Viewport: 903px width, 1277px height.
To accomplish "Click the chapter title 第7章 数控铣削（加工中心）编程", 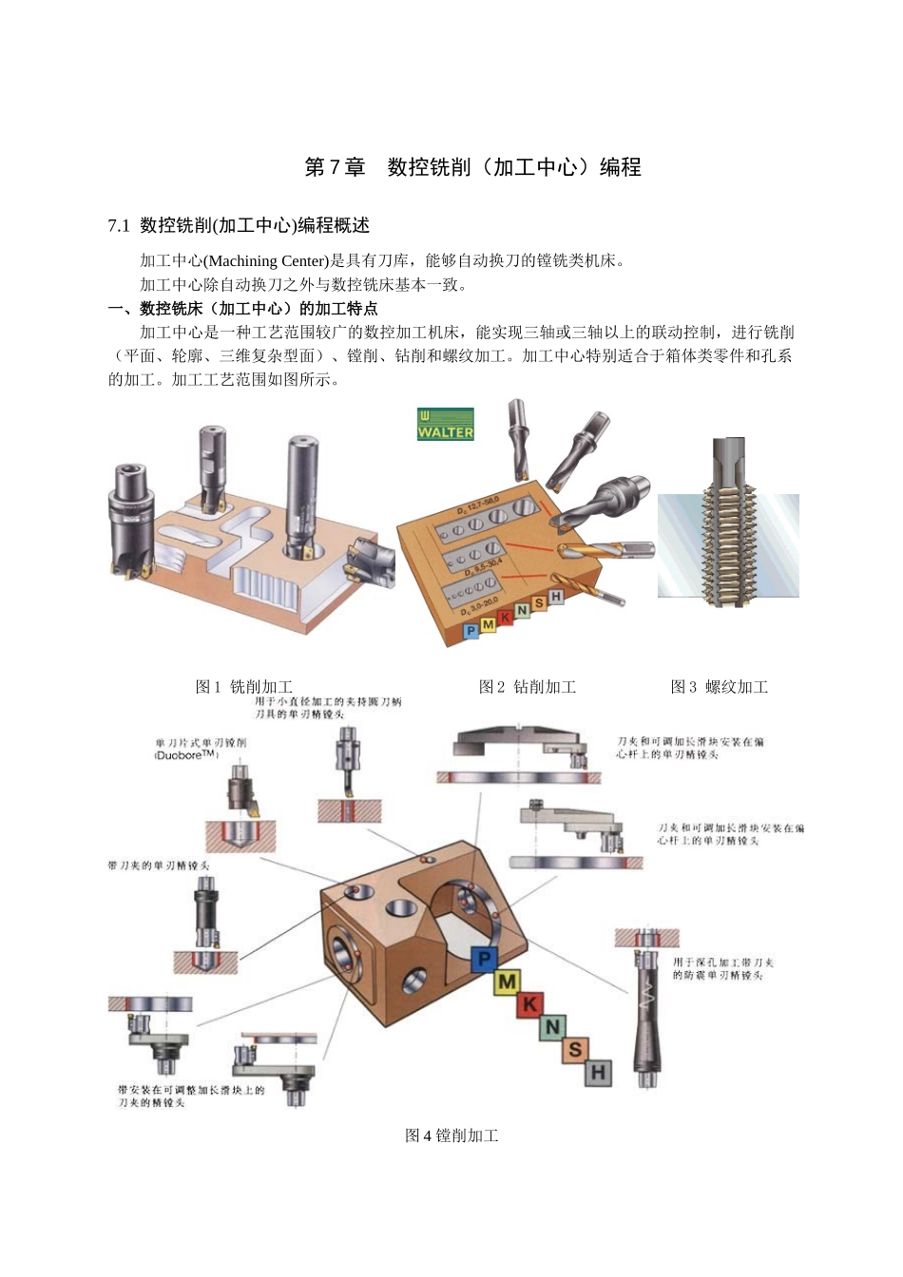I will coord(472,167).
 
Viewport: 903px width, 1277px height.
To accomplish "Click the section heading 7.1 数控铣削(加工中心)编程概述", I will coord(239,225).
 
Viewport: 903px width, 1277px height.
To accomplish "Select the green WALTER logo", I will coord(445,425).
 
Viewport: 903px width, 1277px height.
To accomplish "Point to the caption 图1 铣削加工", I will coord(243,686).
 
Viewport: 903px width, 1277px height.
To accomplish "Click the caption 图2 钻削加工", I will coord(528,686).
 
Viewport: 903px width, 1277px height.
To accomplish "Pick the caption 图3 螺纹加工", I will coord(720,686).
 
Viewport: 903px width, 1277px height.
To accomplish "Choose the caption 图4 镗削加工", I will coord(451,1135).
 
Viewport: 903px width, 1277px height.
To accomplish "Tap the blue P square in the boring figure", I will coord(485,959).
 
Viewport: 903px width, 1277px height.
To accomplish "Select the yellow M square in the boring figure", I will coord(508,982).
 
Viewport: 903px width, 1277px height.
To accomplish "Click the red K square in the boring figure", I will coord(530,1004).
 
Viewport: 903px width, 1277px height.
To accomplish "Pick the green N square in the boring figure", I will coord(553,1027).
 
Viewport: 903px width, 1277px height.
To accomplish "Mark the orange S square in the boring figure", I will coord(575,1050).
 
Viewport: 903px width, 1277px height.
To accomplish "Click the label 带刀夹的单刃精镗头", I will coord(159,866).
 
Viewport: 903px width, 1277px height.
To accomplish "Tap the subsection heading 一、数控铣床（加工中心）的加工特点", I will coord(243,308).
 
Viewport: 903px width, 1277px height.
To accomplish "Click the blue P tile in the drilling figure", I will coord(471,631).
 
